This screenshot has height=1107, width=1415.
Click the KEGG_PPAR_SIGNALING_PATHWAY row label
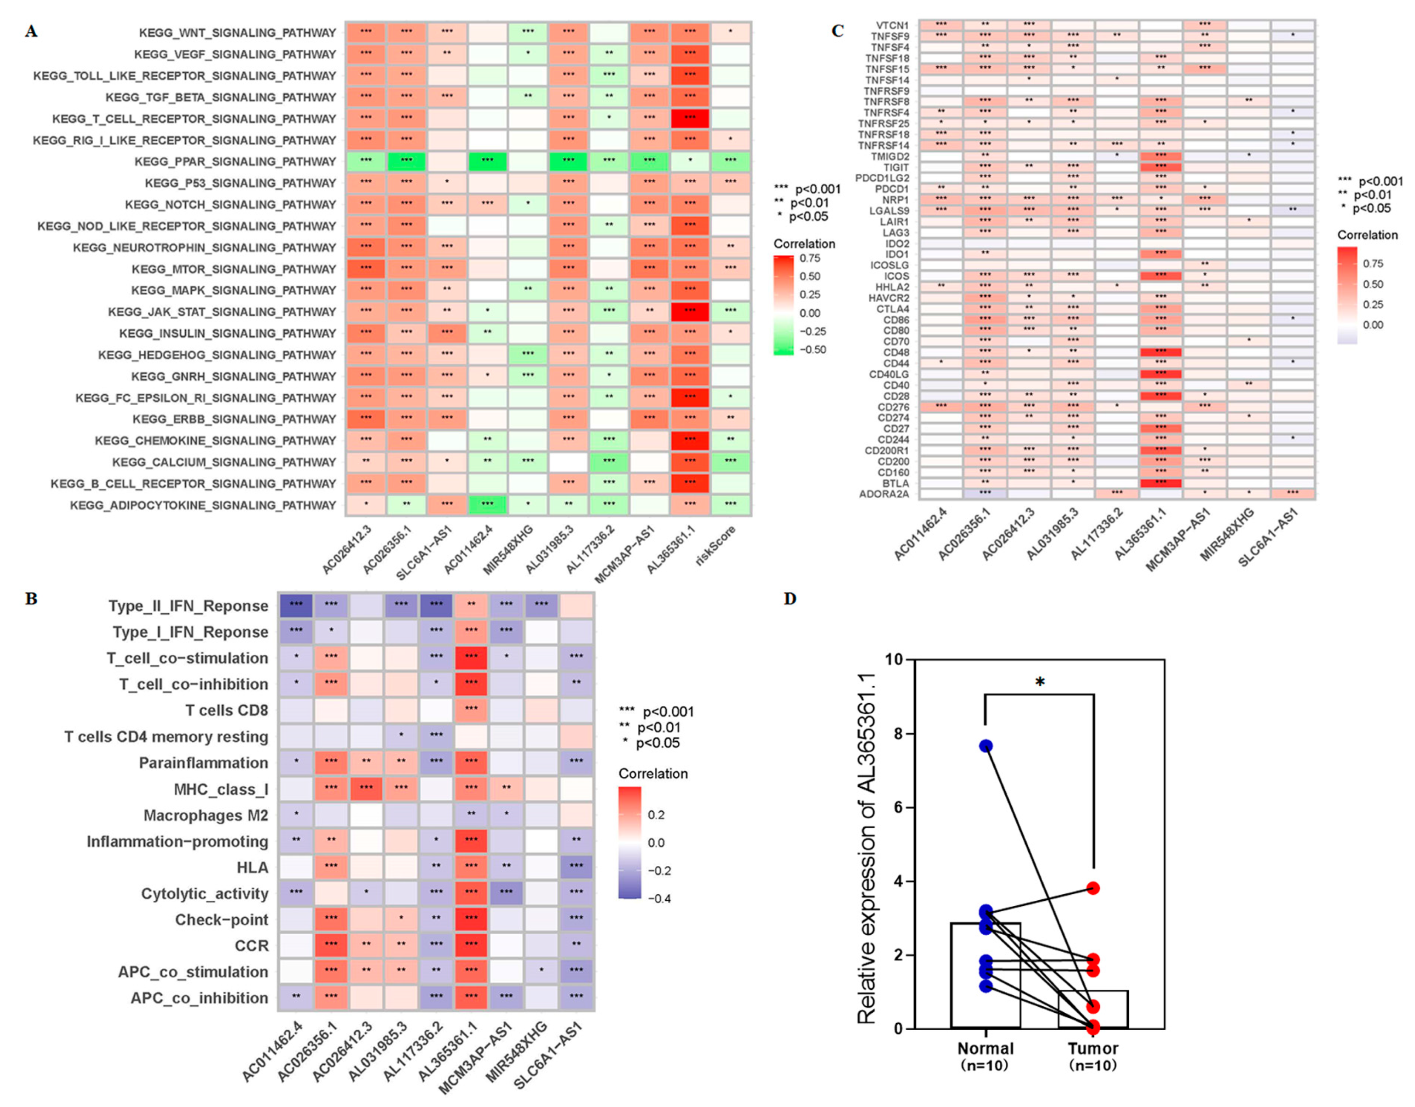point(235,161)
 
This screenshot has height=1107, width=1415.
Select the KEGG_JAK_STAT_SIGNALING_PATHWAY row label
point(222,312)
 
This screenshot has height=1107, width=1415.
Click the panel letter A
point(31,31)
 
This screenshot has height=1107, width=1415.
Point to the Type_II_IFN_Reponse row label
point(188,606)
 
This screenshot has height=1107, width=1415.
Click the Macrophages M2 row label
point(205,815)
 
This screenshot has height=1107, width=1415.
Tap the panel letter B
point(31,598)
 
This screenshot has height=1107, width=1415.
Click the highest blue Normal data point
point(986,746)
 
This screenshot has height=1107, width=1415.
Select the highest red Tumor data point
point(1093,888)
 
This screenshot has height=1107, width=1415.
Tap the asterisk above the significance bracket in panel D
point(1040,682)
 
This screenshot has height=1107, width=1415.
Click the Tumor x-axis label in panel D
point(1093,1048)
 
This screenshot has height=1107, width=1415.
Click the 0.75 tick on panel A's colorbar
point(810,258)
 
